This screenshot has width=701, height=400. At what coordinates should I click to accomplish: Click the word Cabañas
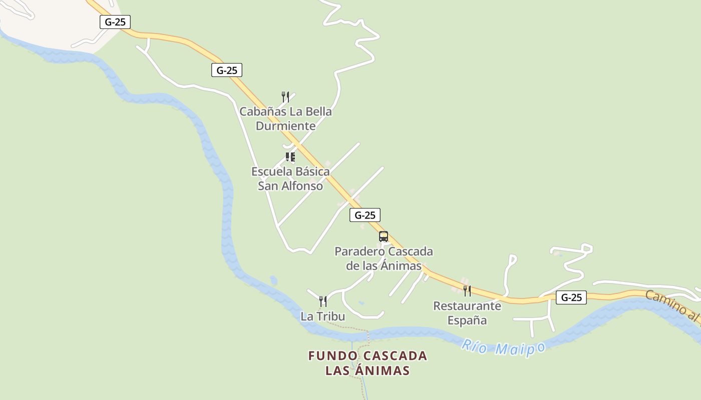(262, 111)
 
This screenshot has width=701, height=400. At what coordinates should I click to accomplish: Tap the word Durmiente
(285, 125)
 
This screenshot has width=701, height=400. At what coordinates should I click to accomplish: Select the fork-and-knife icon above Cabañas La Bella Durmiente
(285, 96)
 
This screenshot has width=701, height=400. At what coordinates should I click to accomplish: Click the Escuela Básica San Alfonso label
(290, 178)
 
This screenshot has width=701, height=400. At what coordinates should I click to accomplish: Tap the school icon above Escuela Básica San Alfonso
(290, 157)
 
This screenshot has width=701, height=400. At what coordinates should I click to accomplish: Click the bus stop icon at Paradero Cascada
(384, 236)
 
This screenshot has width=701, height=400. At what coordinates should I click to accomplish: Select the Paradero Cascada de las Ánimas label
(384, 258)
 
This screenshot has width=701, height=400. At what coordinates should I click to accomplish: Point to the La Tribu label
(322, 316)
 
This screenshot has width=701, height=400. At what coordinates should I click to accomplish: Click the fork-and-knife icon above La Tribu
(323, 301)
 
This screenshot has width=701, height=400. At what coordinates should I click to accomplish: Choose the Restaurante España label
(467, 312)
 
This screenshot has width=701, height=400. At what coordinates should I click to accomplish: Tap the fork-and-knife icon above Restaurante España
(467, 290)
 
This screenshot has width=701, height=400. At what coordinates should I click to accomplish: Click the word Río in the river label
(474, 345)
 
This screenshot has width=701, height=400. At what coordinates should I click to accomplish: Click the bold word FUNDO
(333, 356)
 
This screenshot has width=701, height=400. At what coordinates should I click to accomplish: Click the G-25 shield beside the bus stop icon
(365, 215)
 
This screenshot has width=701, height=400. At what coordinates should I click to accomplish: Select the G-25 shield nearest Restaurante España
(571, 297)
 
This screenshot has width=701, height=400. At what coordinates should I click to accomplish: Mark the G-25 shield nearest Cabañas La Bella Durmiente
(226, 70)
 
